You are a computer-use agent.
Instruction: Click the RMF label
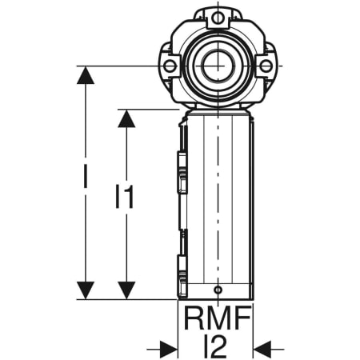pos(218,318)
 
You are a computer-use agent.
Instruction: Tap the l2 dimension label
pos(215,346)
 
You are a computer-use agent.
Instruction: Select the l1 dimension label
pos(124,197)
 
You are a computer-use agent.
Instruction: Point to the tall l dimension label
pos(86,176)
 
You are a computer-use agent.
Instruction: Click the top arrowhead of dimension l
pos(86,75)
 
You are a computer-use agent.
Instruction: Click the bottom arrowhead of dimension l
pos(86,290)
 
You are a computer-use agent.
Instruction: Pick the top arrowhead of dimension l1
pos(126,118)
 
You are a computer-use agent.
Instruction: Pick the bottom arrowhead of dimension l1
pos(126,290)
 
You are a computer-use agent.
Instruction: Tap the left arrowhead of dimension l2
pos(169,349)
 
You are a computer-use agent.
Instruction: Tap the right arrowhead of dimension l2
pos(262,349)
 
